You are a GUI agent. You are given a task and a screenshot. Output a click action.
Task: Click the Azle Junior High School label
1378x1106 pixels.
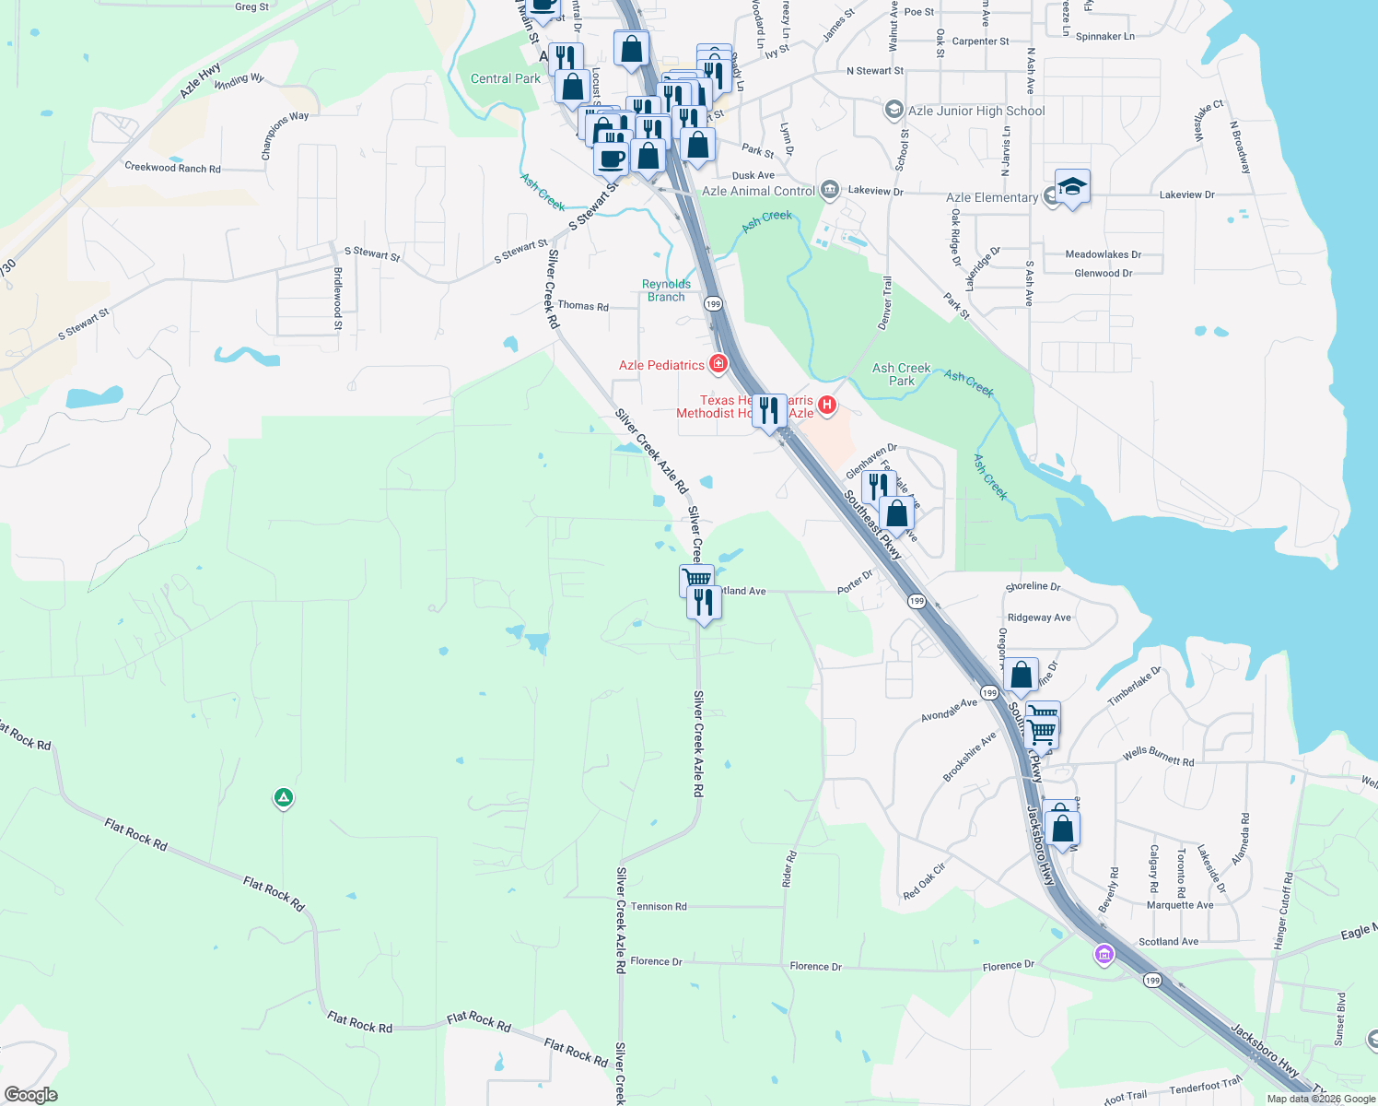(976, 111)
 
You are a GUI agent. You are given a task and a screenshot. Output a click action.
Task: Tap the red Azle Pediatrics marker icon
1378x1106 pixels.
(718, 364)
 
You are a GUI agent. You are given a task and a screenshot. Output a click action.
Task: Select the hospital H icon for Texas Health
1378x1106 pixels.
(827, 404)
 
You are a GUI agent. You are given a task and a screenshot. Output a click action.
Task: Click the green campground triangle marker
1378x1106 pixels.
(284, 796)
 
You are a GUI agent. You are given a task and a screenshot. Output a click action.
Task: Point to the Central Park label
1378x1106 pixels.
(506, 79)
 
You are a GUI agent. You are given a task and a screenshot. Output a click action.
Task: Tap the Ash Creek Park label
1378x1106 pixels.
(902, 374)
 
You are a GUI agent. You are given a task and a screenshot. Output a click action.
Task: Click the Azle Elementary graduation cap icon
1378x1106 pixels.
(1072, 187)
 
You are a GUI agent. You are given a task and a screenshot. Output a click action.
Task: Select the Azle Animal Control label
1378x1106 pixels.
(758, 191)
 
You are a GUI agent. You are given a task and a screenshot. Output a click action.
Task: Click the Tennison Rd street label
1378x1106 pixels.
(659, 907)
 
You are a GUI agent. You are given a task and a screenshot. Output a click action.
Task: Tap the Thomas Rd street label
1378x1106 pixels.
(583, 306)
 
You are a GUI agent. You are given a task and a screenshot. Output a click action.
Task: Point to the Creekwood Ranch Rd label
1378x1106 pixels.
(172, 168)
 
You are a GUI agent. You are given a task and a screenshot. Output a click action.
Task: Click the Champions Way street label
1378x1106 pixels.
(285, 135)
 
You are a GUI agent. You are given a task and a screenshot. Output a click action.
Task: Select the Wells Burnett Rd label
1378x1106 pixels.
(1158, 757)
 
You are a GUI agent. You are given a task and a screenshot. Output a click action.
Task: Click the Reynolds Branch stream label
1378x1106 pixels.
(666, 290)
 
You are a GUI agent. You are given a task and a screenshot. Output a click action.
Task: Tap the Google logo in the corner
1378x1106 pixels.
(31, 1095)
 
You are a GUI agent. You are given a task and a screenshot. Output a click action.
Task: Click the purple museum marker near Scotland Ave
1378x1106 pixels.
(1104, 955)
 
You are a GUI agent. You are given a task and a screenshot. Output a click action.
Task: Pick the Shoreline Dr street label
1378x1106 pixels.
(1033, 586)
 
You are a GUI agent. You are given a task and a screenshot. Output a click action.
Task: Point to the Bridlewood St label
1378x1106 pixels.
(338, 299)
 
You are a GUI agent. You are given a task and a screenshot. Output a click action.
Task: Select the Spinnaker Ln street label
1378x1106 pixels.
(1105, 37)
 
